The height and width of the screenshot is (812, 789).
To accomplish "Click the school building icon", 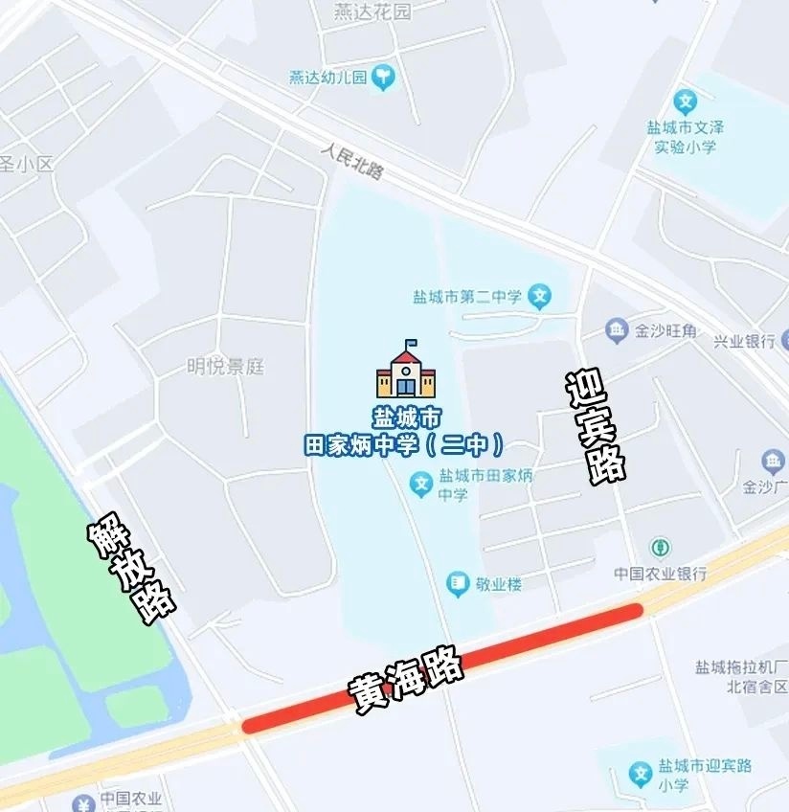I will tap(406, 370).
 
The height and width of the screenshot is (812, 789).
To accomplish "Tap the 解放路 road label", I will tap(132, 572).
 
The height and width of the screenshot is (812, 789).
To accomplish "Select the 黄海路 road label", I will tap(406, 681).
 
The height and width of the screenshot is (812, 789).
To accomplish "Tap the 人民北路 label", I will tap(352, 159).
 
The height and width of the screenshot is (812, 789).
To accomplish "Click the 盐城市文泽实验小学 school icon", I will tap(685, 101).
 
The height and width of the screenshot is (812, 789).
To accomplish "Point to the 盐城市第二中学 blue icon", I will tap(540, 297).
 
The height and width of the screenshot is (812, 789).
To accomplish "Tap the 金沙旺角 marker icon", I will tap(618, 331).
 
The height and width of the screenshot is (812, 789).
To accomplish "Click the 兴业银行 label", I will tap(744, 341).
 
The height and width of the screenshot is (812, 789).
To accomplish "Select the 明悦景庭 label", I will tap(225, 367).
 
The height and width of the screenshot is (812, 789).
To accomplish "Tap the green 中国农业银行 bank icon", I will tap(660, 549).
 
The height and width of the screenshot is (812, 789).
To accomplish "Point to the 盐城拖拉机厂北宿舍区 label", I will tap(741, 676).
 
